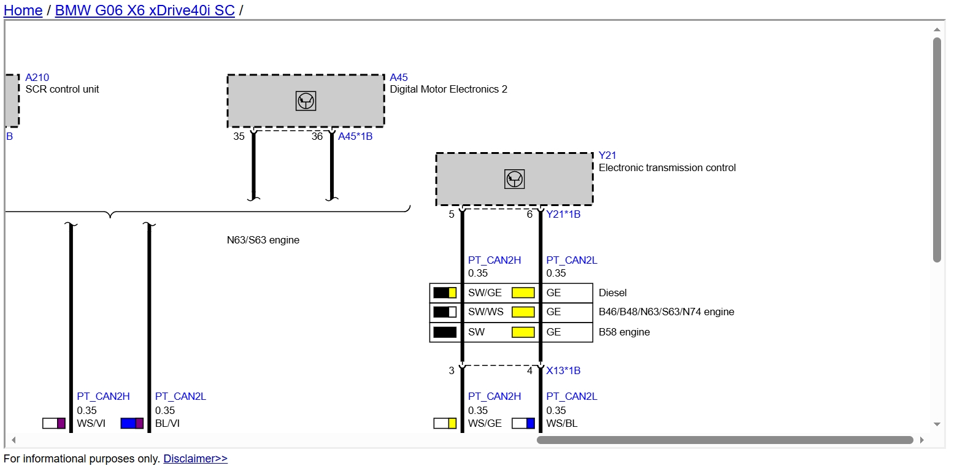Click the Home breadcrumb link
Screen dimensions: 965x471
click(x=23, y=10)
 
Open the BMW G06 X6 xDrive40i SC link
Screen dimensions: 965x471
click(x=145, y=10)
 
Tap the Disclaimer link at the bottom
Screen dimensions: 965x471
click(x=195, y=459)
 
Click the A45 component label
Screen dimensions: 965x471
click(x=399, y=77)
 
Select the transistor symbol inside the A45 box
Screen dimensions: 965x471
click(x=306, y=101)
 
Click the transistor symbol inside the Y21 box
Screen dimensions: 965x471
click(x=514, y=179)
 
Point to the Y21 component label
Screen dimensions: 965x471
click(x=607, y=155)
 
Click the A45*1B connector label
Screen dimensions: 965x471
click(x=355, y=137)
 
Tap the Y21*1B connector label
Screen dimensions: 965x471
click(x=563, y=215)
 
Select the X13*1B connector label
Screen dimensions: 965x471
click(x=563, y=370)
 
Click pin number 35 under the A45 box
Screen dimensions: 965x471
click(x=239, y=137)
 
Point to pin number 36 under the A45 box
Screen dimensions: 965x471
click(x=317, y=137)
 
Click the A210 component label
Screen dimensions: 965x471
click(x=37, y=77)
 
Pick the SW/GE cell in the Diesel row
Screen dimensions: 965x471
click(x=485, y=293)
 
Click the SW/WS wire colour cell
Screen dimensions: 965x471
click(x=485, y=312)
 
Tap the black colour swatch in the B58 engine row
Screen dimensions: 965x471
click(x=445, y=332)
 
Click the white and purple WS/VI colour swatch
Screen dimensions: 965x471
click(x=54, y=423)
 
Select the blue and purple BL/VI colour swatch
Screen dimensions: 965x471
click(x=132, y=423)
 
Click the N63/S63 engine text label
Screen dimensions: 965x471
click(x=263, y=240)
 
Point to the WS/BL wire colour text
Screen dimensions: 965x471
click(x=562, y=424)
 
